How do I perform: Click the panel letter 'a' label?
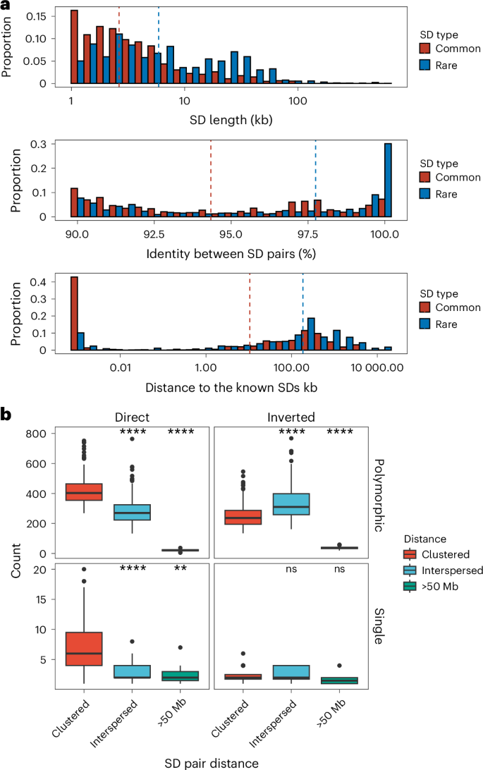pyautogui.click(x=7, y=6)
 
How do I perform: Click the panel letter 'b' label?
pyautogui.click(x=8, y=416)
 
